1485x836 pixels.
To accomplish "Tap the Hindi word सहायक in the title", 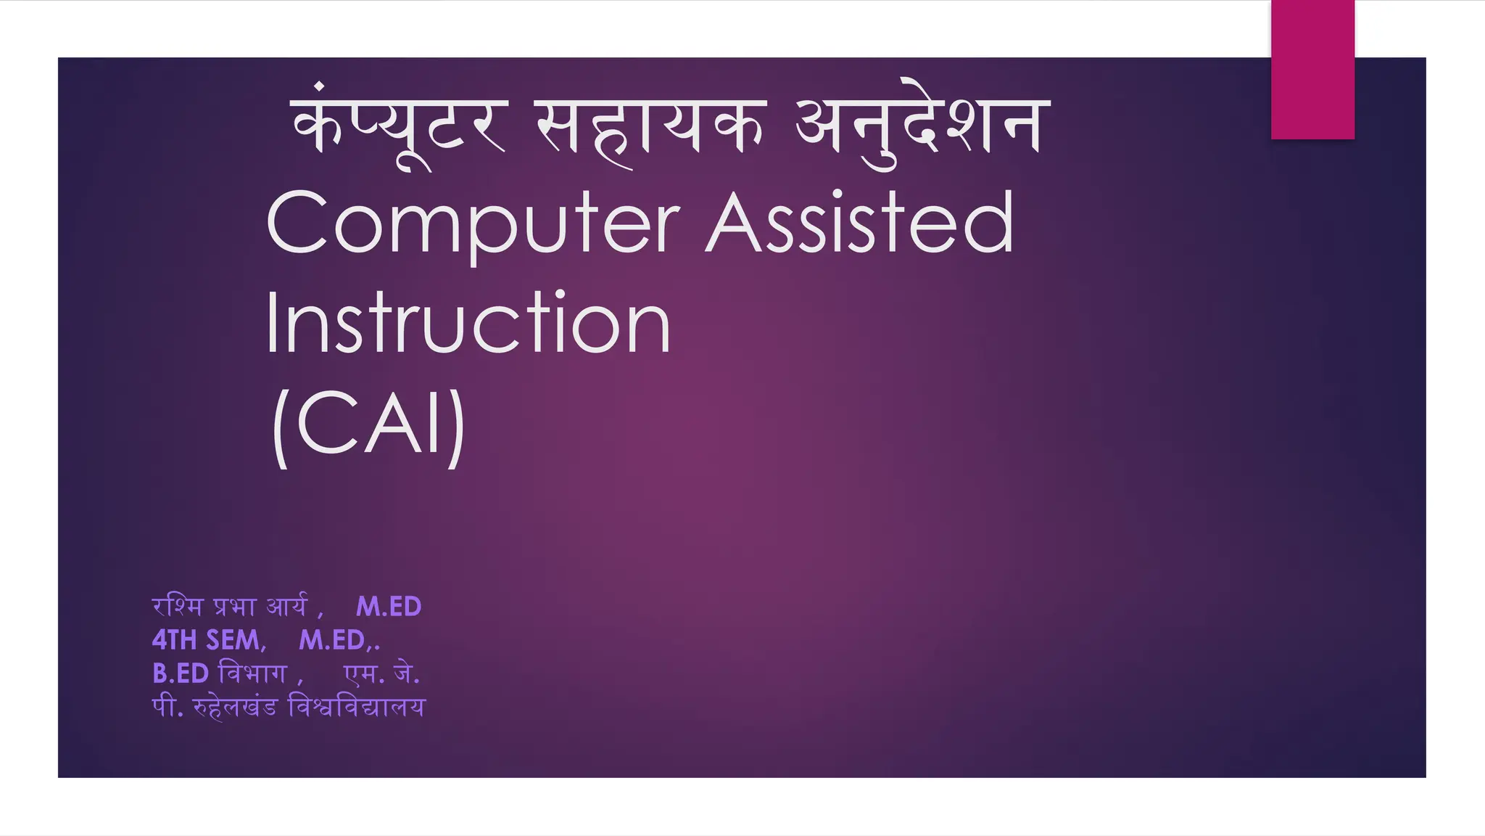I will pos(650,127).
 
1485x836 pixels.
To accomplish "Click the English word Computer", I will pos(473,223).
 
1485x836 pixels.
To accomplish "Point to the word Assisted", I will pos(860,223).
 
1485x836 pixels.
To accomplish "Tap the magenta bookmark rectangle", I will pos(1312,69).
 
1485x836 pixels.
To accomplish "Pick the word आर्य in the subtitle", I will pos(288,606).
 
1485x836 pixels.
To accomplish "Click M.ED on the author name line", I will pos(389,607).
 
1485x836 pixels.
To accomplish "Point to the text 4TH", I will pos(175,640).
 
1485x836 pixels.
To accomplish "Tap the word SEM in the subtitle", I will pos(233,640).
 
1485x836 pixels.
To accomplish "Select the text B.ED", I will pos(181,673).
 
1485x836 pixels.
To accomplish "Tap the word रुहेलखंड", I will pos(235,707).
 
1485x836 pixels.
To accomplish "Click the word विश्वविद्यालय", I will pos(357,707).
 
